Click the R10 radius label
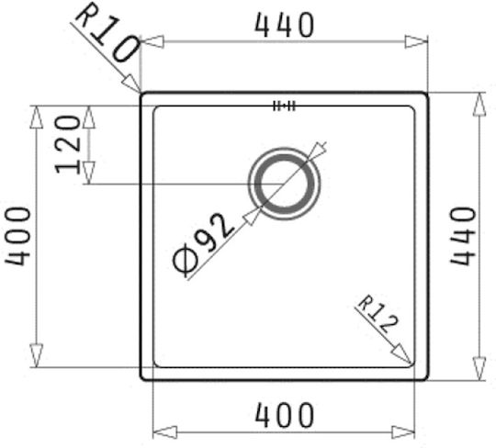click(x=106, y=33)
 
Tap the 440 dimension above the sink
click(x=285, y=26)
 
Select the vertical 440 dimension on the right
click(x=463, y=236)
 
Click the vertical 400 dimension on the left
click(x=17, y=236)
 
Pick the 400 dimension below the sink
click(x=285, y=414)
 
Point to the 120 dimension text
click(x=67, y=144)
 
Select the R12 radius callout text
click(x=378, y=314)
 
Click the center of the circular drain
click(x=284, y=184)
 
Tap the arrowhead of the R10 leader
click(x=131, y=84)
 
